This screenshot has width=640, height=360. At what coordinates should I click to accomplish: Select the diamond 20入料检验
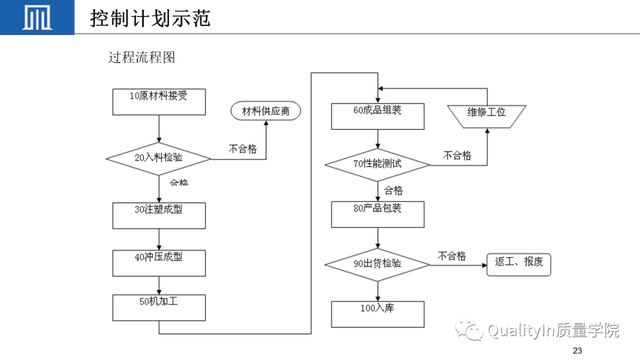(158, 157)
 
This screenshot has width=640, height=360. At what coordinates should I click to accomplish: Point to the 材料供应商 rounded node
(267, 110)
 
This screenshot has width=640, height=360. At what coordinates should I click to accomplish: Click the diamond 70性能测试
(377, 163)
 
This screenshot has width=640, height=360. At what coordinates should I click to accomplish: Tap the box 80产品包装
(377, 213)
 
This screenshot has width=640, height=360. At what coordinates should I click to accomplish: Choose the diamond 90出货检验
(377, 264)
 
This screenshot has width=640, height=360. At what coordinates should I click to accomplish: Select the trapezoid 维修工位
(486, 115)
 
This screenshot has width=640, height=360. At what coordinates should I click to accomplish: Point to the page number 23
(575, 351)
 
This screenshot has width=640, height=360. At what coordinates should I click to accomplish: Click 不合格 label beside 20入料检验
(243, 148)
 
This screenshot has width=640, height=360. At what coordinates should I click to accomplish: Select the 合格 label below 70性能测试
(393, 189)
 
